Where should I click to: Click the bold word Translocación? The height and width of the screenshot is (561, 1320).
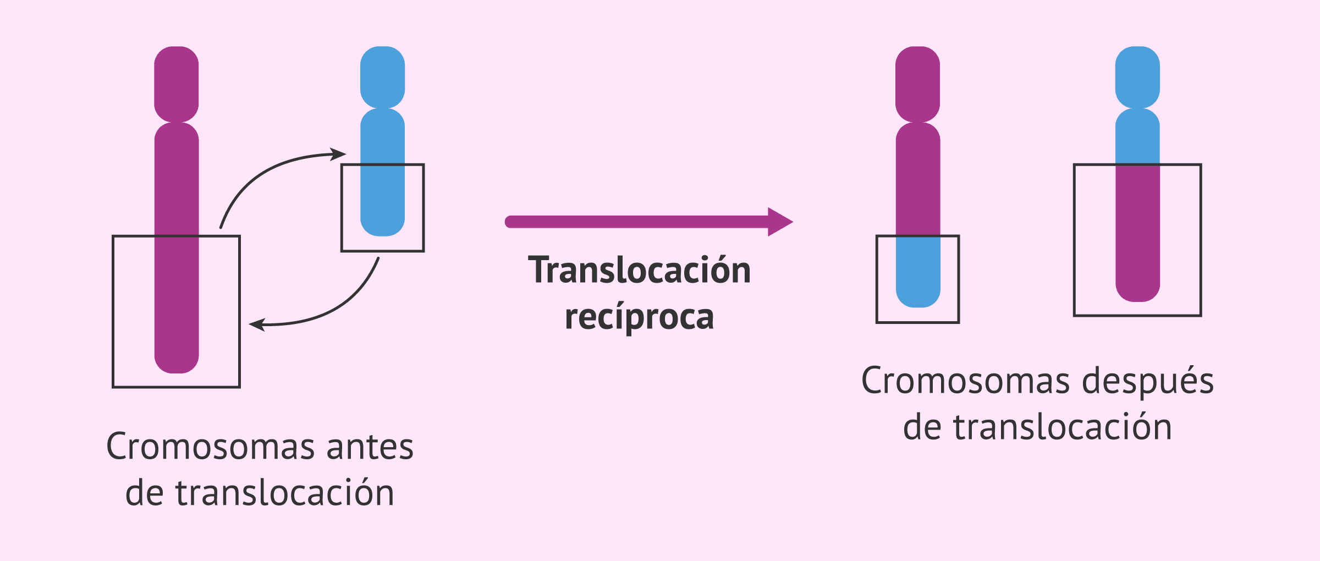[x=639, y=271]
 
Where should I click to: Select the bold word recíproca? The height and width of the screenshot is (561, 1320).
[x=639, y=317]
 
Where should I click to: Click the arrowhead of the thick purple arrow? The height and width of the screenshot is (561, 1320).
[x=780, y=222]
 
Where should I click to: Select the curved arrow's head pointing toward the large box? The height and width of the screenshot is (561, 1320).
[x=257, y=324]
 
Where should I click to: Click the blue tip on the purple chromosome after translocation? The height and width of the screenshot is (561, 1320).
[x=918, y=272]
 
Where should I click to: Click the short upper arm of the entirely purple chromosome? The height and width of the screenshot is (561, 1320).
[x=176, y=82]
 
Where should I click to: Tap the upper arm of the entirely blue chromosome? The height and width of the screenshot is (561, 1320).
[x=383, y=76]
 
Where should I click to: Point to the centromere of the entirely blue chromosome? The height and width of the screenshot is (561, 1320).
[x=383, y=108]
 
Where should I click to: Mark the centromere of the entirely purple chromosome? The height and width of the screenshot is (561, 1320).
[x=176, y=122]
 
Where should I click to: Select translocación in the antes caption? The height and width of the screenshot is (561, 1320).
[x=285, y=493]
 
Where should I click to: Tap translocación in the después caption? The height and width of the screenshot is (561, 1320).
[x=1063, y=427]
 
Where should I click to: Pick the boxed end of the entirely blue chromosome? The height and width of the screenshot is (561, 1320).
[x=383, y=204]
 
